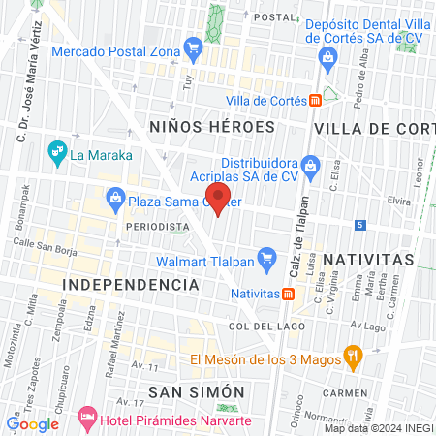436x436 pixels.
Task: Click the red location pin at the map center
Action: (219, 200)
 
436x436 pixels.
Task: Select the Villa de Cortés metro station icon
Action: (315, 100)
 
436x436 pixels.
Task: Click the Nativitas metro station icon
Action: (288, 294)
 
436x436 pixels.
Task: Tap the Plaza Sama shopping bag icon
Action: (115, 199)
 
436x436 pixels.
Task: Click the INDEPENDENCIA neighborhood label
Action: (131, 285)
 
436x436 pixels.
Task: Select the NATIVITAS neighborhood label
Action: (368, 260)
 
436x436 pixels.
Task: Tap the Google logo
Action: (32, 423)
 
